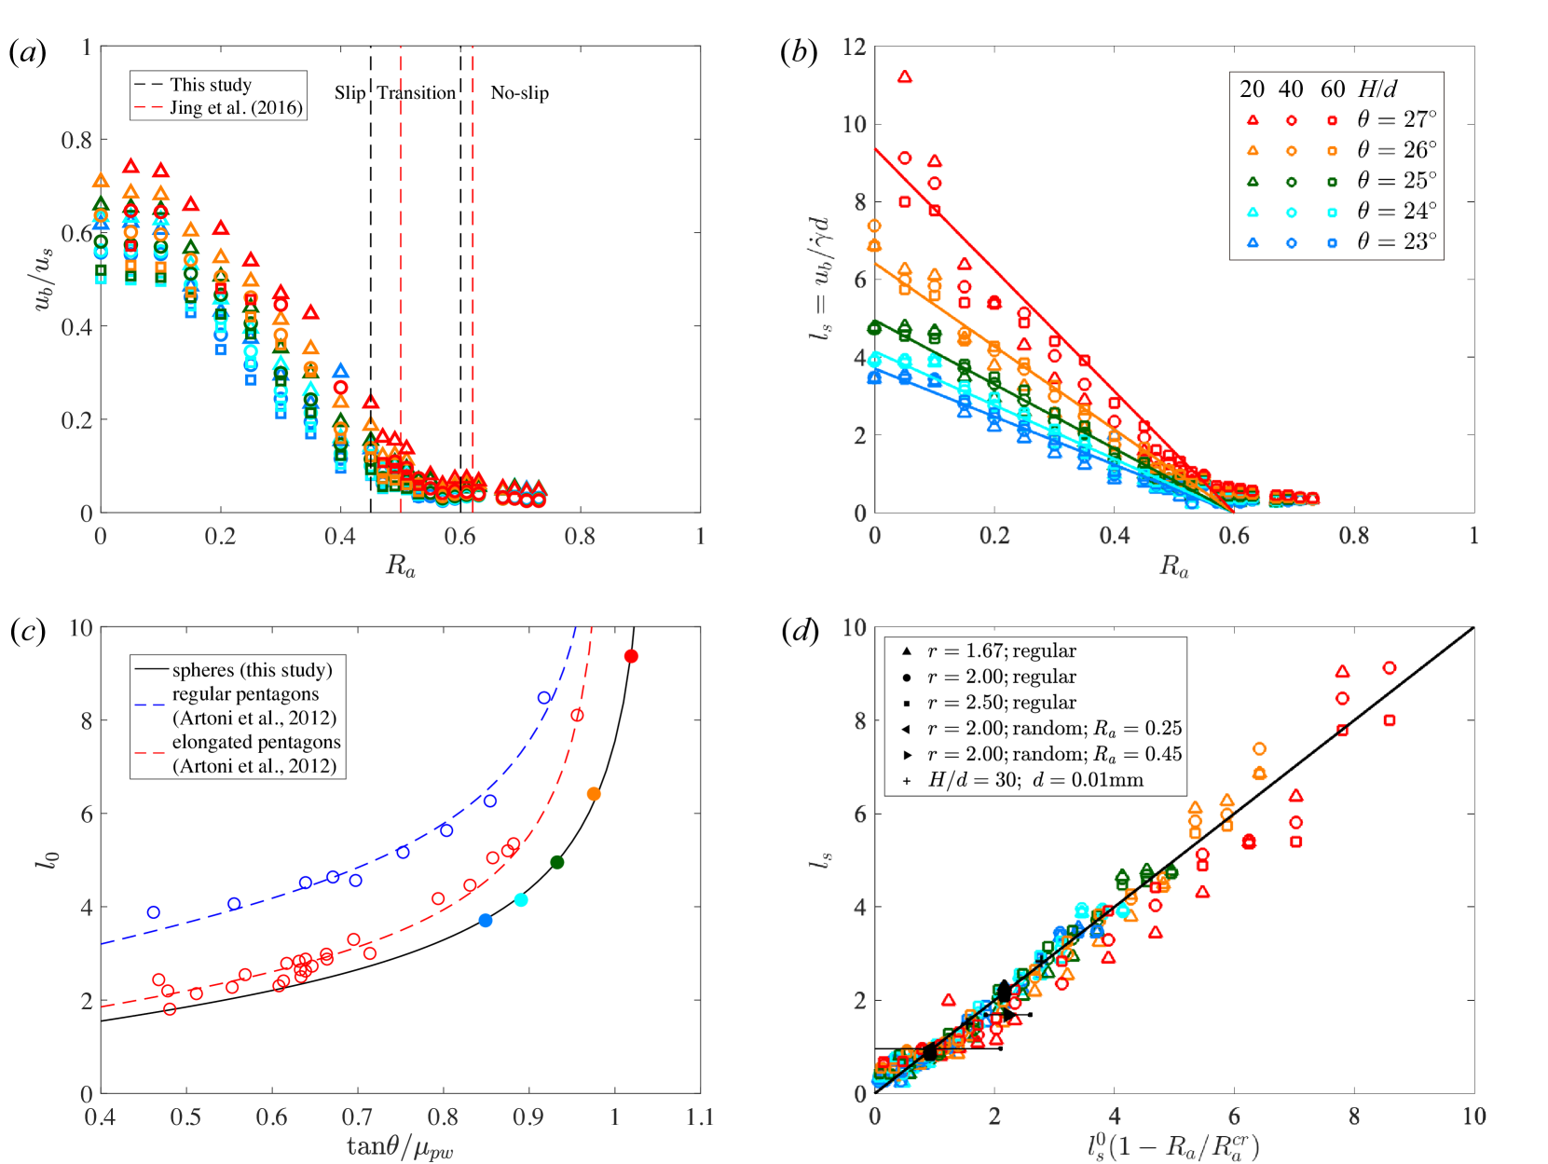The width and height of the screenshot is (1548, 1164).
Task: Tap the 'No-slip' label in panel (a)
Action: coord(519,92)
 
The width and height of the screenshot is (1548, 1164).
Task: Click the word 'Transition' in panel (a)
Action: coord(416,92)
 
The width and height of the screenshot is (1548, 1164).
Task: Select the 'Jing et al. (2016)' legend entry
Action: coord(236,107)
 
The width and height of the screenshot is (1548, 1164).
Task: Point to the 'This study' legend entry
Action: coord(211,85)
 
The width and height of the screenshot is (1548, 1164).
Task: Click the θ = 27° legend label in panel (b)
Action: coord(1396,119)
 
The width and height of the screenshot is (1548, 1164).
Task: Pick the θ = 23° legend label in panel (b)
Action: coord(1396,241)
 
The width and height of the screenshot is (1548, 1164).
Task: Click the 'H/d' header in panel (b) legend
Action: coord(1377,89)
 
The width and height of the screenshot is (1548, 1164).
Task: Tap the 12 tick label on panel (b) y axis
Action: coord(854,47)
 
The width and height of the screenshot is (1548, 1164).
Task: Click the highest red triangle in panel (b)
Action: coord(904,77)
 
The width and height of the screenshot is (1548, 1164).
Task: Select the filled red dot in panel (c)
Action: coord(631,657)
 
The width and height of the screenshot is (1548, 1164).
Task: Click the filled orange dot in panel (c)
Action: coord(594,794)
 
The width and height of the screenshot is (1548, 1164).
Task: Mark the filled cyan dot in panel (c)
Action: coord(521,900)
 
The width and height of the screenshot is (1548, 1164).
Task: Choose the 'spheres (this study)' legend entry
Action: coord(252,670)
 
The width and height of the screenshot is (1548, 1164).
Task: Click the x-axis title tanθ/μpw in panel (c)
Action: coord(400,1146)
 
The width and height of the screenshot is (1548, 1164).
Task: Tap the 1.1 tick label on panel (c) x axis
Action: coord(699,1116)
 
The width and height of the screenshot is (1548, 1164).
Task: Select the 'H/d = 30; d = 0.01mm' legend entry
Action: coord(1034,780)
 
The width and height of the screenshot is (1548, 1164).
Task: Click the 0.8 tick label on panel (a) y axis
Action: coord(77,140)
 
